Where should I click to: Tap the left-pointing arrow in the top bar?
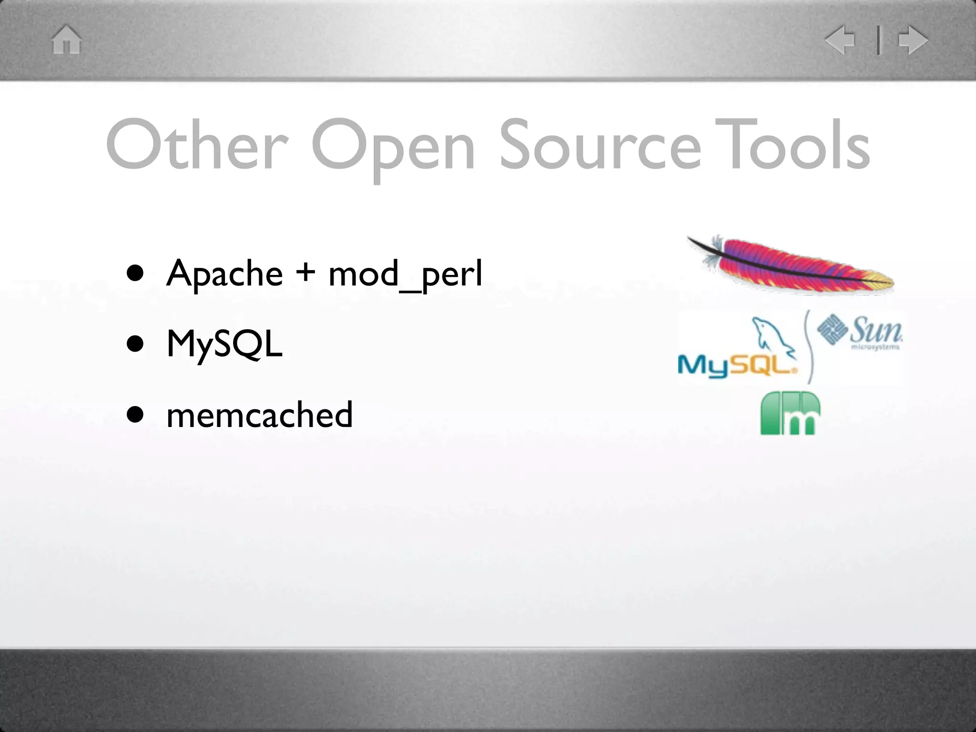coord(841,40)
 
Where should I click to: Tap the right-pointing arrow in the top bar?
coord(913,40)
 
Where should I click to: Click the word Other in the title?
coord(197,145)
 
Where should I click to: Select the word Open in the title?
coord(393,146)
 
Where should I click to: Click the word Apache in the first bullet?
coord(224,274)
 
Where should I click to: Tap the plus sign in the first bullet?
coord(305,273)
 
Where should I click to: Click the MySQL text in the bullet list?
coord(224,345)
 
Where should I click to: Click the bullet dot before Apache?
coord(135,274)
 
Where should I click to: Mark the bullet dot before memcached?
coord(135,415)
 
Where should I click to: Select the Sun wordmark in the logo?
coord(876,329)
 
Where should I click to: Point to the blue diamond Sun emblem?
coord(832,329)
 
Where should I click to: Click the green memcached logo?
coord(790,413)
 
